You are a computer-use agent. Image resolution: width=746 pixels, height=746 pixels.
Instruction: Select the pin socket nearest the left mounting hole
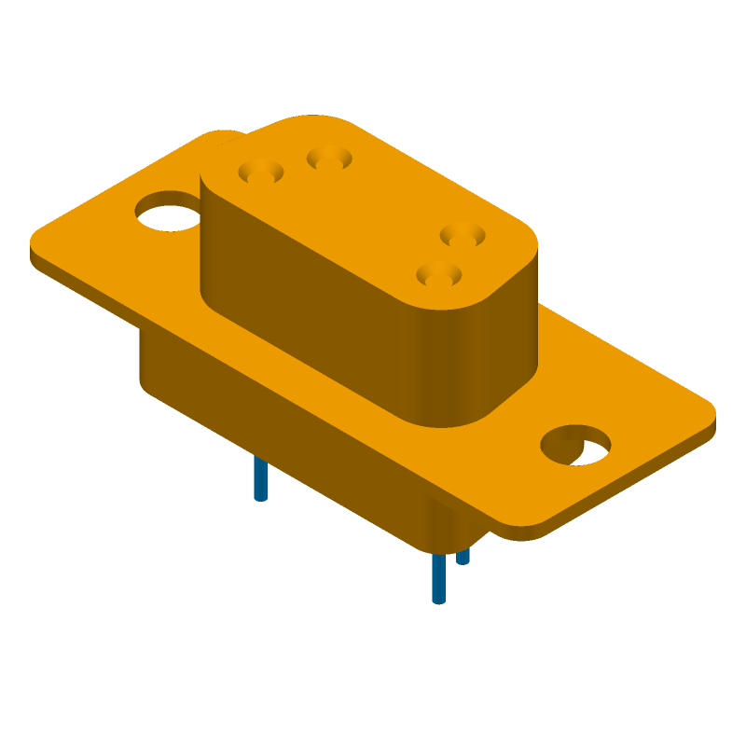pos(261,173)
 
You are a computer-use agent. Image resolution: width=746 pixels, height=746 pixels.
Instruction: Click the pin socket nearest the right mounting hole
pos(439,275)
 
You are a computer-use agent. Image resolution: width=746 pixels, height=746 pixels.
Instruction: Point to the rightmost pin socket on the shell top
pos(463,235)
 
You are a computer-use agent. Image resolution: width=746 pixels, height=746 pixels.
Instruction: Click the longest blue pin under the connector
pos(438,578)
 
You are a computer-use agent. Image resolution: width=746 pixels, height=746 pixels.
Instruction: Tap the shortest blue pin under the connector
pos(463,556)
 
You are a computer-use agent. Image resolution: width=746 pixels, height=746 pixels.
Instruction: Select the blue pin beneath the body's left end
pos(261,479)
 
